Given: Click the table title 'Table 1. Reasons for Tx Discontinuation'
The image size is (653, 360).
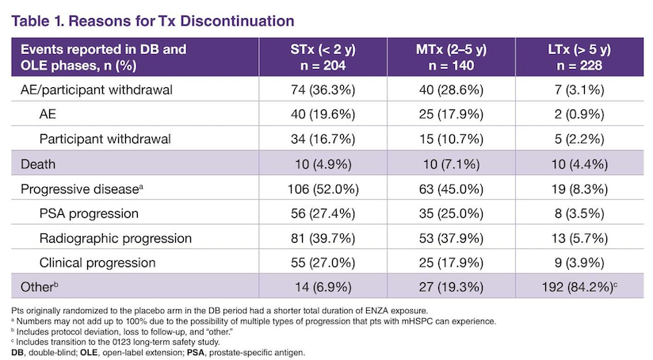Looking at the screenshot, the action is tap(153, 21).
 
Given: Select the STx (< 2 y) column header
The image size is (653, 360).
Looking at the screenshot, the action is tap(323, 57).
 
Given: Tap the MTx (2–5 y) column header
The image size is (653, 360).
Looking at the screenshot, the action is tap(451, 57).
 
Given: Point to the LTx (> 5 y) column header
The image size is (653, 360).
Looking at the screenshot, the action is tap(579, 57).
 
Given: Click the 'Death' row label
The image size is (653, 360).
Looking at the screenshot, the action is tap(38, 164).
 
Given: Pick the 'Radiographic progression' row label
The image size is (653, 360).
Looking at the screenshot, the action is tap(116, 239).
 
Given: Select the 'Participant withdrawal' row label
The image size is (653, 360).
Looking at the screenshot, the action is tap(105, 140).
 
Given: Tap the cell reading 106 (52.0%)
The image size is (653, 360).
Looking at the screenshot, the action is tap(323, 190).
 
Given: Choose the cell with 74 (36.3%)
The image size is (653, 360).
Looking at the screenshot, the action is tap(323, 90).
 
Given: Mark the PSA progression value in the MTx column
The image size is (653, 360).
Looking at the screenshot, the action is tap(451, 214).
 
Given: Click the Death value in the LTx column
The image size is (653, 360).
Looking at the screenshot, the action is tap(579, 164).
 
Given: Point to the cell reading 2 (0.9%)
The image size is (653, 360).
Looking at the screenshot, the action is tap(579, 115).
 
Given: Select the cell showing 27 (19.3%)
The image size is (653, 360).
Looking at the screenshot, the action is tap(451, 287).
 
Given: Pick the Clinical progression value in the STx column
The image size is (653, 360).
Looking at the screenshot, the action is tap(323, 263).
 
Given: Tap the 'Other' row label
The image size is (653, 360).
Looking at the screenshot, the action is tap(39, 287).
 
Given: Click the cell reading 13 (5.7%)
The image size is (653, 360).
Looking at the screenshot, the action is tap(579, 239).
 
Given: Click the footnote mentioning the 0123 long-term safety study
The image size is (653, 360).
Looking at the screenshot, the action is tap(116, 342).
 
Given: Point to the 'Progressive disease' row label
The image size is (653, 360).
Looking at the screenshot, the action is tap(82, 190).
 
